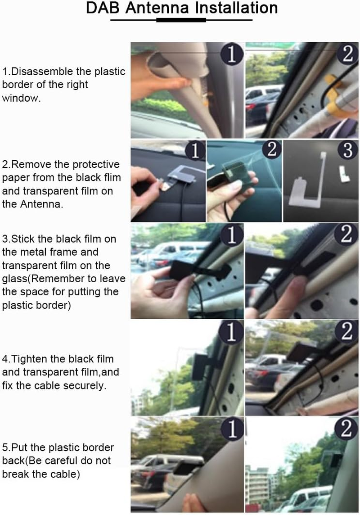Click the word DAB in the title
(103, 8)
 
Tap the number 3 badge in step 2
(347, 150)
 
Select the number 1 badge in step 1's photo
(232, 54)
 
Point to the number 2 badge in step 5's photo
(346, 428)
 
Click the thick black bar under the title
(181, 20)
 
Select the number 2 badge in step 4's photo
(346, 331)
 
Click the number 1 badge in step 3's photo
(232, 235)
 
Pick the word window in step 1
(21, 98)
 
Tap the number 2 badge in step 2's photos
(272, 150)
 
